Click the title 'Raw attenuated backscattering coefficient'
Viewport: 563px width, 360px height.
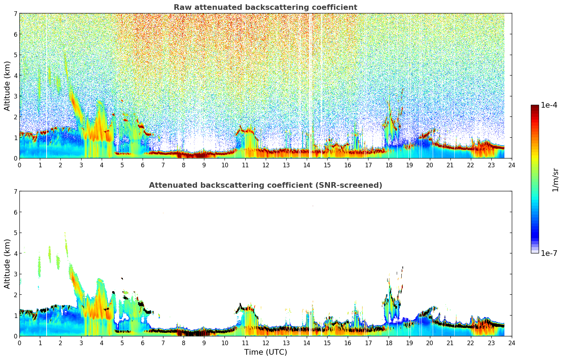pos(265,7)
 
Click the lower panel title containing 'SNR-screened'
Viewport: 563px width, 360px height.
pos(265,185)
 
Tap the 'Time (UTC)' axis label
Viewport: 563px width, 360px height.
pos(265,352)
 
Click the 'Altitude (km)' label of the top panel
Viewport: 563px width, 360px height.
pos(7,86)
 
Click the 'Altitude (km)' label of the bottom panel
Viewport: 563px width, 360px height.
pos(7,264)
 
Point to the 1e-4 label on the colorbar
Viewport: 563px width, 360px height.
pos(549,105)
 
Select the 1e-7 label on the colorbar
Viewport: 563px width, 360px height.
pos(549,253)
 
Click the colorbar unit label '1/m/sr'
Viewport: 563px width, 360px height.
pos(555,180)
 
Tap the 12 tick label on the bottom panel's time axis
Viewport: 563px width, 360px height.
pos(265,343)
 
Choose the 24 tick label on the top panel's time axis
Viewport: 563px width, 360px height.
pos(512,165)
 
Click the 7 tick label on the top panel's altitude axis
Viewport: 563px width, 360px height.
pos(15,14)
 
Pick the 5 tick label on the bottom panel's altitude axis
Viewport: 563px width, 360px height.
pos(15,233)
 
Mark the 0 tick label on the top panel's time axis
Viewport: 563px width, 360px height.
pos(19,165)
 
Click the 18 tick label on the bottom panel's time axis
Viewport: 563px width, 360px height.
pos(389,343)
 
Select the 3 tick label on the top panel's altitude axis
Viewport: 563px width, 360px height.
pos(15,96)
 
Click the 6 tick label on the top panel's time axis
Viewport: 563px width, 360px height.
pos(143,165)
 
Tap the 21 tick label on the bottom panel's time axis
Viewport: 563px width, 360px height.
pos(450,343)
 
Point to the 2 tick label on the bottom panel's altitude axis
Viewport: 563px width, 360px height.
pos(15,295)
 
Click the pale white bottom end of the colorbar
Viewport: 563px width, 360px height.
pos(534,252)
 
